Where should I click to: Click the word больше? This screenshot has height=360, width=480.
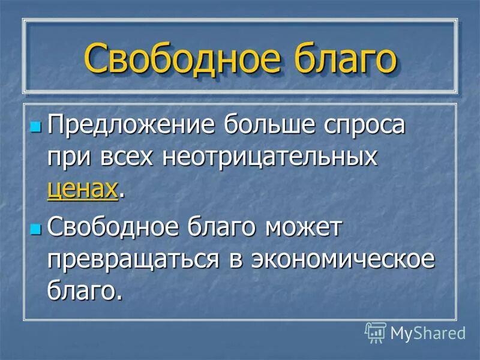pos(265,127)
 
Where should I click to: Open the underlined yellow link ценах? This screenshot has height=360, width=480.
pos(82,188)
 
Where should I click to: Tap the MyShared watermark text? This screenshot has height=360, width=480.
pos(428,332)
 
